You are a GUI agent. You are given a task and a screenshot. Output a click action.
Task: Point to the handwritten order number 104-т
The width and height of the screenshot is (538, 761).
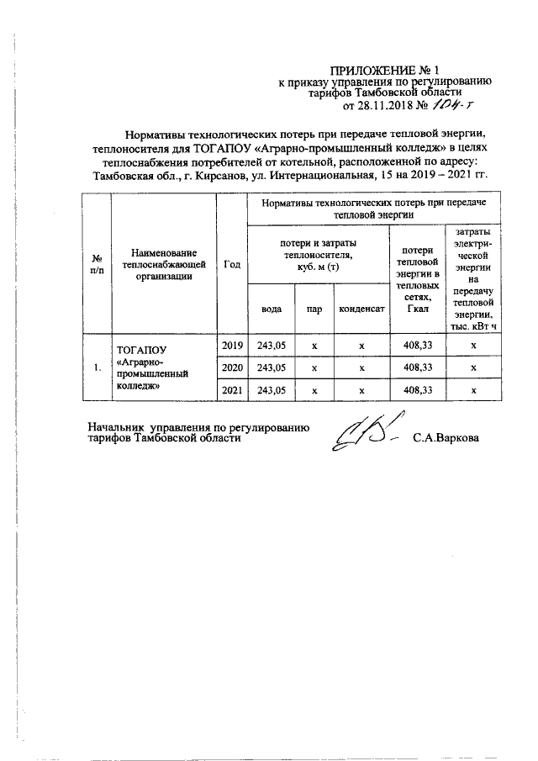452,106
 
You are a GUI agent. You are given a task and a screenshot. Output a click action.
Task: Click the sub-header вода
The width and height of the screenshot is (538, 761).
271,309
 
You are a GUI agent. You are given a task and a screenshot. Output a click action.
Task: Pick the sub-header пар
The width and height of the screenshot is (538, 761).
314,309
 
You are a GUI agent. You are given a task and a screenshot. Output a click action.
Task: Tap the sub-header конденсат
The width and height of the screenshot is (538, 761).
361,309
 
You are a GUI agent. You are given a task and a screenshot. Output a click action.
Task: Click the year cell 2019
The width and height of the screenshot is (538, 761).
231,346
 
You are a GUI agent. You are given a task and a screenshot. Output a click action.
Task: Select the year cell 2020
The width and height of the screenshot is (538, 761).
231,367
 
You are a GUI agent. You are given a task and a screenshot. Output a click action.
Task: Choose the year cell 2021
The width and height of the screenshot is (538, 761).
231,390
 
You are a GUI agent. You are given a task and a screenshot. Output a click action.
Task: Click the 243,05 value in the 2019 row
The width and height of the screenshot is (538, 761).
271,346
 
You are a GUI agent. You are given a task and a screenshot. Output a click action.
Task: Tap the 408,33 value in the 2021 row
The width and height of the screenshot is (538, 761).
417,390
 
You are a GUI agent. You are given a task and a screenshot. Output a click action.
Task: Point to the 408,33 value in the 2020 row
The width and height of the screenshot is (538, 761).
417,367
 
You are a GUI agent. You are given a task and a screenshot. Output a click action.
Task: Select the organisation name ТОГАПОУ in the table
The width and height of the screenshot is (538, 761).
140,346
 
